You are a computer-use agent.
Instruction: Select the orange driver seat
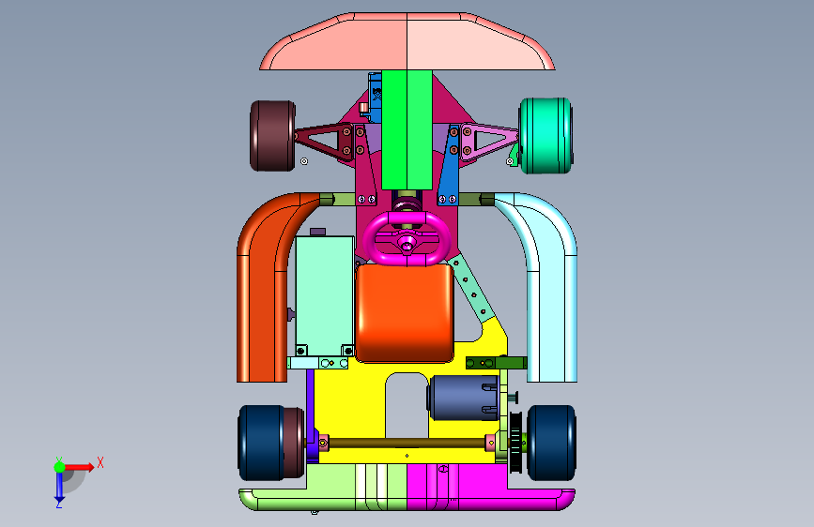click(405, 313)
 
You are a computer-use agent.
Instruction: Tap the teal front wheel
click(546, 135)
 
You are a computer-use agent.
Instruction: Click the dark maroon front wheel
click(272, 135)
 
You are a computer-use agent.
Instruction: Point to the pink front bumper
click(407, 41)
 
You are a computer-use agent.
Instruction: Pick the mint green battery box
click(325, 295)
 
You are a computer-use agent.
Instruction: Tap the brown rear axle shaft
click(407, 443)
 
